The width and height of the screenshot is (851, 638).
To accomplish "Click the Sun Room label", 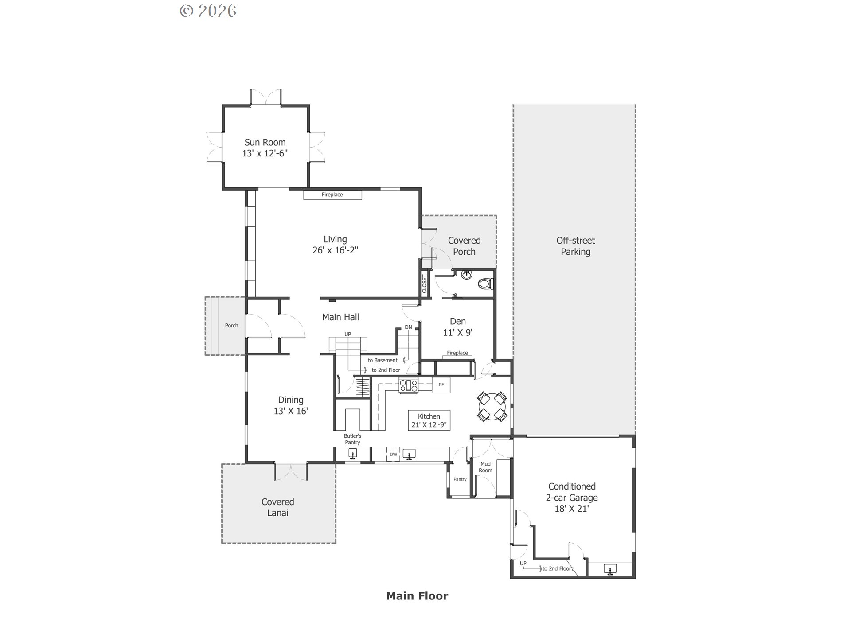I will [265, 142].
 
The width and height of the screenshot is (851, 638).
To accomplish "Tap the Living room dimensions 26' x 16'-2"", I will [335, 250].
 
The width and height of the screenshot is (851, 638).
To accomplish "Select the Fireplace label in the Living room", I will [332, 195].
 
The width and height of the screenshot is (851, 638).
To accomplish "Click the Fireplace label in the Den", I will [457, 353].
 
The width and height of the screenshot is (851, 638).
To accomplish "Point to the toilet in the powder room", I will [486, 283].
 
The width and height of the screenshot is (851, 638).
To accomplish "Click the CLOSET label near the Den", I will [424, 284].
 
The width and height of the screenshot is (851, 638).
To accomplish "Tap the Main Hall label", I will [340, 317].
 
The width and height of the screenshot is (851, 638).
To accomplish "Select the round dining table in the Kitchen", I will [492, 406].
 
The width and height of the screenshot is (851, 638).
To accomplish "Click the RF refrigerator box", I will [441, 385].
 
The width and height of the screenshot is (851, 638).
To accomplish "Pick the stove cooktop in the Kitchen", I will [408, 385].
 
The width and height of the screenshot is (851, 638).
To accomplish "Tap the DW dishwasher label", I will [393, 455].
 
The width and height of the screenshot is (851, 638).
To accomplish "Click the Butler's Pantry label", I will [352, 439].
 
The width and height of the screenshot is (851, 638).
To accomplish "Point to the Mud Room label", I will [485, 467].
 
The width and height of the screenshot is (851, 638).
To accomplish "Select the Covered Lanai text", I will [277, 507].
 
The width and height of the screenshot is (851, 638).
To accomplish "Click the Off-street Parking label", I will [575, 246].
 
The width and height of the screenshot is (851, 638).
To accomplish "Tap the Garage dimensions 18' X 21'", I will [571, 509].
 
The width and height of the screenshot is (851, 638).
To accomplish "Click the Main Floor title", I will [417, 596].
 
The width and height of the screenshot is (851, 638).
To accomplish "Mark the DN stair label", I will [408, 327].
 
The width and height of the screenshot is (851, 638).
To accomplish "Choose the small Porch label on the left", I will [231, 325].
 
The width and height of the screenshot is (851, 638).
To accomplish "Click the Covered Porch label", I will [464, 246].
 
